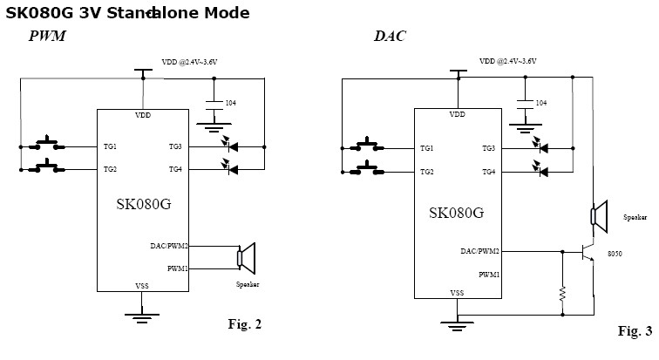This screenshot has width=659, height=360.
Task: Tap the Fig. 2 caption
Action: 244,324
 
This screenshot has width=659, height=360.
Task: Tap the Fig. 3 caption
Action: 635,331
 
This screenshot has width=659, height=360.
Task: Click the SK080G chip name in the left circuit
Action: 143,205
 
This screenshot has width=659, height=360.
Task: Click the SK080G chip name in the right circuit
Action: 456,212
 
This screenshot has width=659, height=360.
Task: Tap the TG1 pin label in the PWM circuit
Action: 110,146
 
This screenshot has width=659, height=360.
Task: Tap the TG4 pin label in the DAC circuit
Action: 488,172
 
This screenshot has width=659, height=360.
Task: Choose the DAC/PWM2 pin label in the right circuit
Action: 481,251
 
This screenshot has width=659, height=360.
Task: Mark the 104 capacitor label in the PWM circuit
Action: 230,104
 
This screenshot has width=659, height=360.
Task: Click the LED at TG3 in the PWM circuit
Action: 232,146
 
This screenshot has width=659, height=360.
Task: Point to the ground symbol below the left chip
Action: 142,314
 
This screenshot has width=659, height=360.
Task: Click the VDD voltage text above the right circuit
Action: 508,62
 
